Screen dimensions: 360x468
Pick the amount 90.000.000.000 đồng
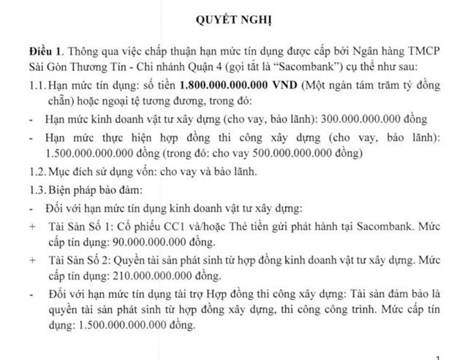tap(165, 242)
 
